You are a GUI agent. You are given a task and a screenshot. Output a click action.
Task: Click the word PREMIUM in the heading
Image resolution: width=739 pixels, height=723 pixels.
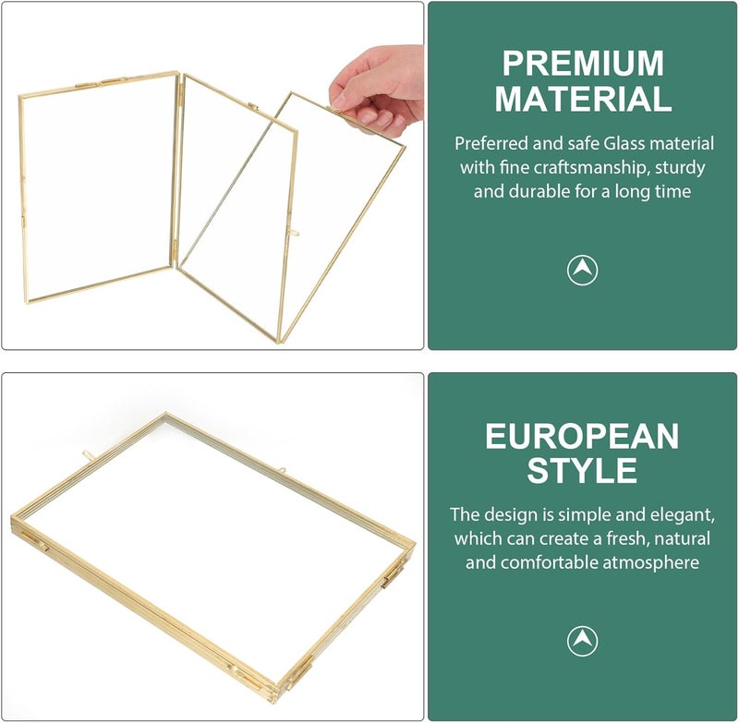[583, 63]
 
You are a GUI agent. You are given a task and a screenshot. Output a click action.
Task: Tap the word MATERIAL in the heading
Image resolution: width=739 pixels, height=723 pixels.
[583, 99]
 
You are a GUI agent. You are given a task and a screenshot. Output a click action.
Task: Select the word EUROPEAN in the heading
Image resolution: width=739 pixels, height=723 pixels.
[582, 436]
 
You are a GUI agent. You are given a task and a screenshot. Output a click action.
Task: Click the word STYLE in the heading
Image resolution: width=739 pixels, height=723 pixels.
[582, 470]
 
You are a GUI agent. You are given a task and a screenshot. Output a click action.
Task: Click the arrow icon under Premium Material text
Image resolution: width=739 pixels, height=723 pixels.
[582, 271]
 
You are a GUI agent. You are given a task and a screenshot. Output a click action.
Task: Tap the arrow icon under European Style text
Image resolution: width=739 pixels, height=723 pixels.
[582, 641]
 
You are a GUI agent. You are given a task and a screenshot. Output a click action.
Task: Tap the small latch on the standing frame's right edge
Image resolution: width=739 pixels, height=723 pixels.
[293, 232]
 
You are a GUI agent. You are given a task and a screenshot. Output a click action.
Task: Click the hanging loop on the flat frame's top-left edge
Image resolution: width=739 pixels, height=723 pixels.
[89, 454]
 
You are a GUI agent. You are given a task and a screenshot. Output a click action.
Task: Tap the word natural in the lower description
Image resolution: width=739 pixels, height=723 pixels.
[683, 538]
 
